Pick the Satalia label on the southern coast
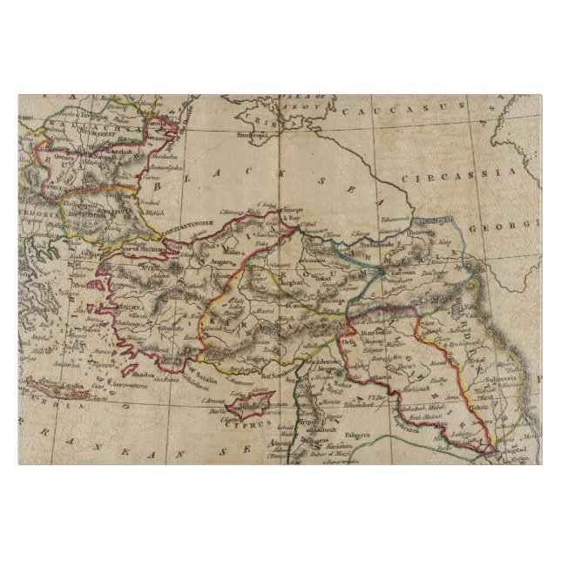200,368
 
